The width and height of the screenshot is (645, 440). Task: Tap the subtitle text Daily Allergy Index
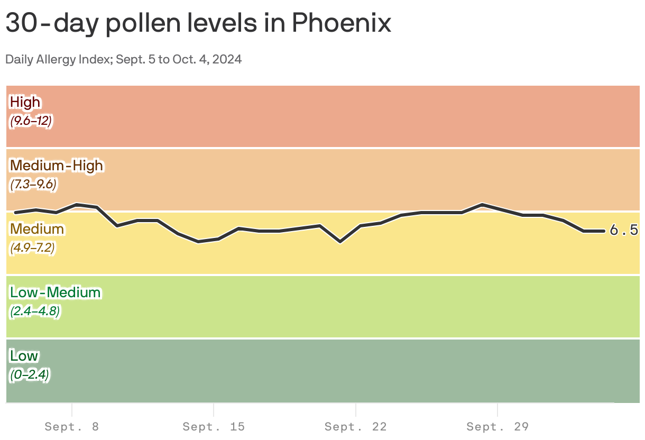coord(52,59)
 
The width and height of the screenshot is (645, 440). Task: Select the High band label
coord(25,102)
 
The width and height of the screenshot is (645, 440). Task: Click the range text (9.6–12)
coord(31,121)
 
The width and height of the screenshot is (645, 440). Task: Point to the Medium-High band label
coord(57,166)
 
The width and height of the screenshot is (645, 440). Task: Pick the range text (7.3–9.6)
coord(33,185)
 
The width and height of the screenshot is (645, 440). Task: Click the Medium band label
coord(37,229)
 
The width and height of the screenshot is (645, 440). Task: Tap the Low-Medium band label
coord(55,292)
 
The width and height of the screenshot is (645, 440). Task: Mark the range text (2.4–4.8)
coord(34,311)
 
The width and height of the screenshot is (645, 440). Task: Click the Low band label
coord(24,356)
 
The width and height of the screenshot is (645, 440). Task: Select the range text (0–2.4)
coord(30,375)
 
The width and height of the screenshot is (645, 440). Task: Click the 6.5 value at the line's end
coord(624,231)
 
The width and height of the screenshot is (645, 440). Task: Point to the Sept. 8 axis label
coord(72,427)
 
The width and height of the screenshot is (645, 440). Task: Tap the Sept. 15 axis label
coord(214,427)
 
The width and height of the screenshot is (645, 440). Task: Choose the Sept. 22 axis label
coord(356,427)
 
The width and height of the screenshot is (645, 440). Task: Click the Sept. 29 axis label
coord(498,427)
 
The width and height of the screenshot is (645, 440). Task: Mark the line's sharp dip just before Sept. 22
coord(340,242)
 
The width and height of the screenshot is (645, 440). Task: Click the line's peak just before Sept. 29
coord(482,204)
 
